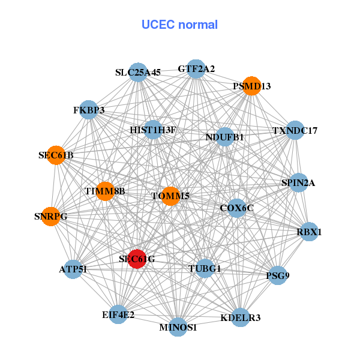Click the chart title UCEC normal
tap(179, 25)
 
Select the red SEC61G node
tap(137, 259)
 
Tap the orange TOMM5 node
tap(170, 196)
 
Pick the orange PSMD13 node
tap(251, 86)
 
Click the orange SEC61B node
tap(56, 155)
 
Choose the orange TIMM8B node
tap(105, 191)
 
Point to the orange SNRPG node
tap(51, 216)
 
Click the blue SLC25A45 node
tap(139, 72)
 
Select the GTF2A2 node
tap(196, 69)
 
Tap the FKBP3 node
tap(89, 110)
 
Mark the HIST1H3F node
tap(152, 130)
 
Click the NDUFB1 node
tap(225, 137)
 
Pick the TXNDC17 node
tap(295, 130)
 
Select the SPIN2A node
tap(298, 182)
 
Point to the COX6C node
tap(237, 208)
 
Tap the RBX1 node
tap(309, 232)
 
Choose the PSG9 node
tap(277, 275)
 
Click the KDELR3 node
tap(241, 317)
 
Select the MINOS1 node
tap(178, 327)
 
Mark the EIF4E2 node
tap(118, 314)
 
